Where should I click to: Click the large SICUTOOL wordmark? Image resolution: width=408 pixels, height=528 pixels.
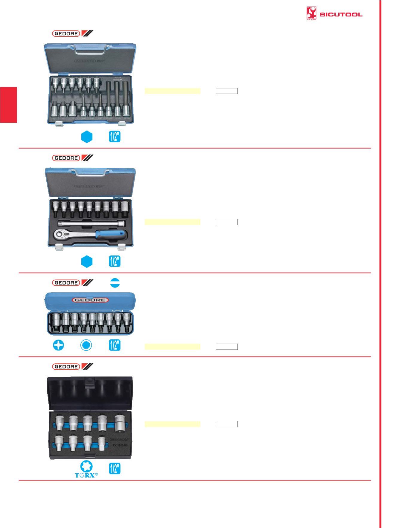(x=341, y=14)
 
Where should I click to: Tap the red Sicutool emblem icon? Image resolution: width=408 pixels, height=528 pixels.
(x=311, y=13)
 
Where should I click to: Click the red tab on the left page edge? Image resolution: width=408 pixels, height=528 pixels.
(x=8, y=105)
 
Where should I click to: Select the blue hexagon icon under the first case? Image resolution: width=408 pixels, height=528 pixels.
(x=87, y=137)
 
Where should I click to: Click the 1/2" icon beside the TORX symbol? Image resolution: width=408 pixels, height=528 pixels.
(x=115, y=469)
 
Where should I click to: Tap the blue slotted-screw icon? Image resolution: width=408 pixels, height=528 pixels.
(x=115, y=283)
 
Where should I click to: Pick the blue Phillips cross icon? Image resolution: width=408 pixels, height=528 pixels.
(x=58, y=345)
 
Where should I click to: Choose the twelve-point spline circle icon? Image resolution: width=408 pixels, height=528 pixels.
(x=86, y=345)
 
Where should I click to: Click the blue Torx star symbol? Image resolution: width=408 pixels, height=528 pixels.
(x=86, y=466)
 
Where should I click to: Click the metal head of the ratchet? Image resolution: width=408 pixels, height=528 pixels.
(x=61, y=235)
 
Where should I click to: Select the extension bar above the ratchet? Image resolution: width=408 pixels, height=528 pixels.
(x=91, y=223)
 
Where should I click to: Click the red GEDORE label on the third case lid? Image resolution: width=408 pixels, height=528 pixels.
(x=90, y=300)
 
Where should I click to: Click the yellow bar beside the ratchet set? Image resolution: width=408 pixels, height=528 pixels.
(x=172, y=222)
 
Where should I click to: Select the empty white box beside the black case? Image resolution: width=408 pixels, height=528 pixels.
(x=227, y=424)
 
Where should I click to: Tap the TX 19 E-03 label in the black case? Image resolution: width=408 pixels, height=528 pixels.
(x=120, y=445)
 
